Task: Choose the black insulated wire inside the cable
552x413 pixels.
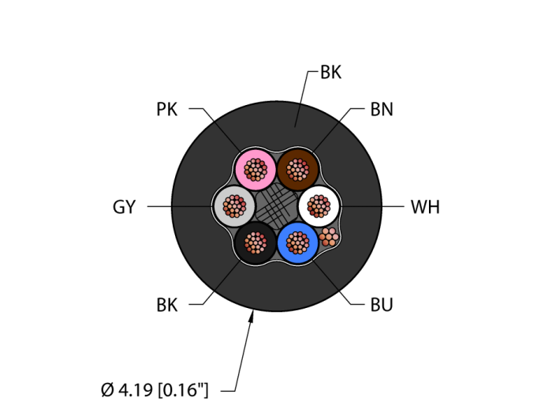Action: [x=254, y=242]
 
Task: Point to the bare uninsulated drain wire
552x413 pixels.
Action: [x=329, y=236]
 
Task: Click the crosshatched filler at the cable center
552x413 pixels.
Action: [x=276, y=205]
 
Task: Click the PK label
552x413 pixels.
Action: [x=167, y=110]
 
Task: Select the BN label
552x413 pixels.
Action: [x=382, y=110]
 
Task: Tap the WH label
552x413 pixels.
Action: [x=425, y=208]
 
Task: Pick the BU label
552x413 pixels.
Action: [x=382, y=305]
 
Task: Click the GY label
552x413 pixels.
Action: [x=125, y=208]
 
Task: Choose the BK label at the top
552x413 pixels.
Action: [x=330, y=73]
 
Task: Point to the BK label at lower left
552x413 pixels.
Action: [x=167, y=305]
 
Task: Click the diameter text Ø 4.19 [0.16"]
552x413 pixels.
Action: [x=155, y=389]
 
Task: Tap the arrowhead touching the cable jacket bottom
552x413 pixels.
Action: [x=252, y=317]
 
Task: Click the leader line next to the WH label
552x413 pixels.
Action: [x=371, y=206]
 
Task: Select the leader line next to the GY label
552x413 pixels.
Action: [x=180, y=206]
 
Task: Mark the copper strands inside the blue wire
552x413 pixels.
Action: [x=297, y=241]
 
